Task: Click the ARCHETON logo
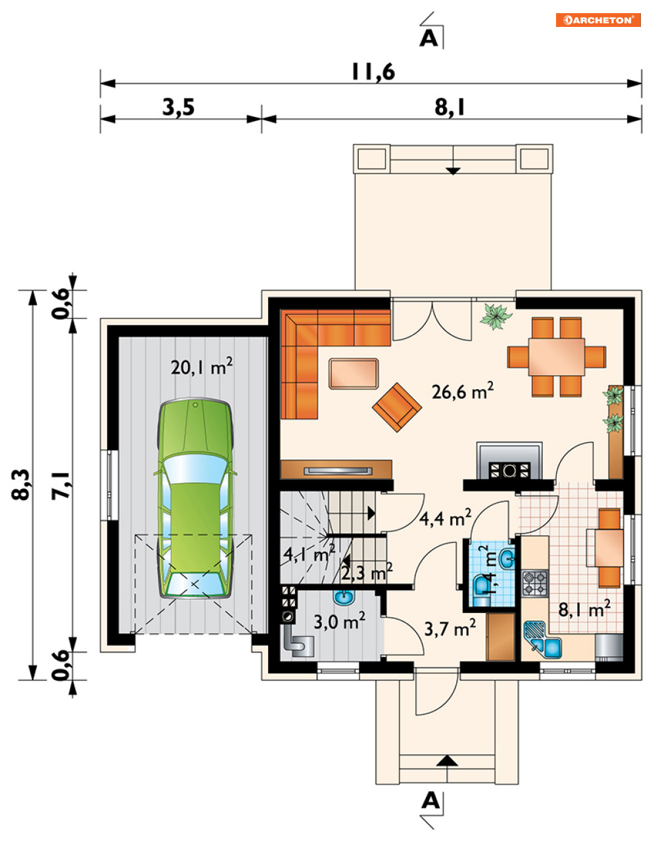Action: click(598, 20)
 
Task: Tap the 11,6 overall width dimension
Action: click(373, 72)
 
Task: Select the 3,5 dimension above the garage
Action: click(178, 107)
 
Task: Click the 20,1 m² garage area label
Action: click(202, 367)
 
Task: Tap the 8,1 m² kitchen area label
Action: click(585, 609)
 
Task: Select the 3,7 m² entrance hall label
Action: click(450, 627)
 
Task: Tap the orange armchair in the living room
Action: click(397, 407)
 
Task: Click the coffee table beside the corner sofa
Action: click(354, 373)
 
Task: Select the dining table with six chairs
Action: click(557, 357)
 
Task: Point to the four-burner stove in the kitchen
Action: click(535, 583)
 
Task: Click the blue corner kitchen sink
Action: click(542, 639)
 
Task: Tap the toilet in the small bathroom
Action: click(481, 591)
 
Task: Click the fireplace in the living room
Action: click(509, 461)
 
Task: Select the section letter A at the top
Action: click(429, 38)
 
